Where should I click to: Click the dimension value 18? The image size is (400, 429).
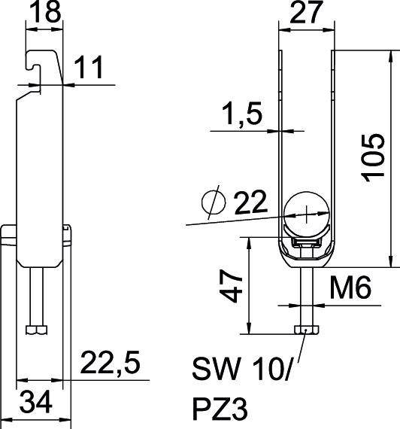click(43, 12)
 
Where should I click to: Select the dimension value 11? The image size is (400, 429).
click(89, 69)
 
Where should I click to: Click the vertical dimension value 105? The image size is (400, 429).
click(372, 157)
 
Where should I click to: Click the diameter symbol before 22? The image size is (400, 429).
click(214, 202)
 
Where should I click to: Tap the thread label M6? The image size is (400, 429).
click(351, 288)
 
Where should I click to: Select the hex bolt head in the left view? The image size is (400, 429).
click(35, 330)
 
